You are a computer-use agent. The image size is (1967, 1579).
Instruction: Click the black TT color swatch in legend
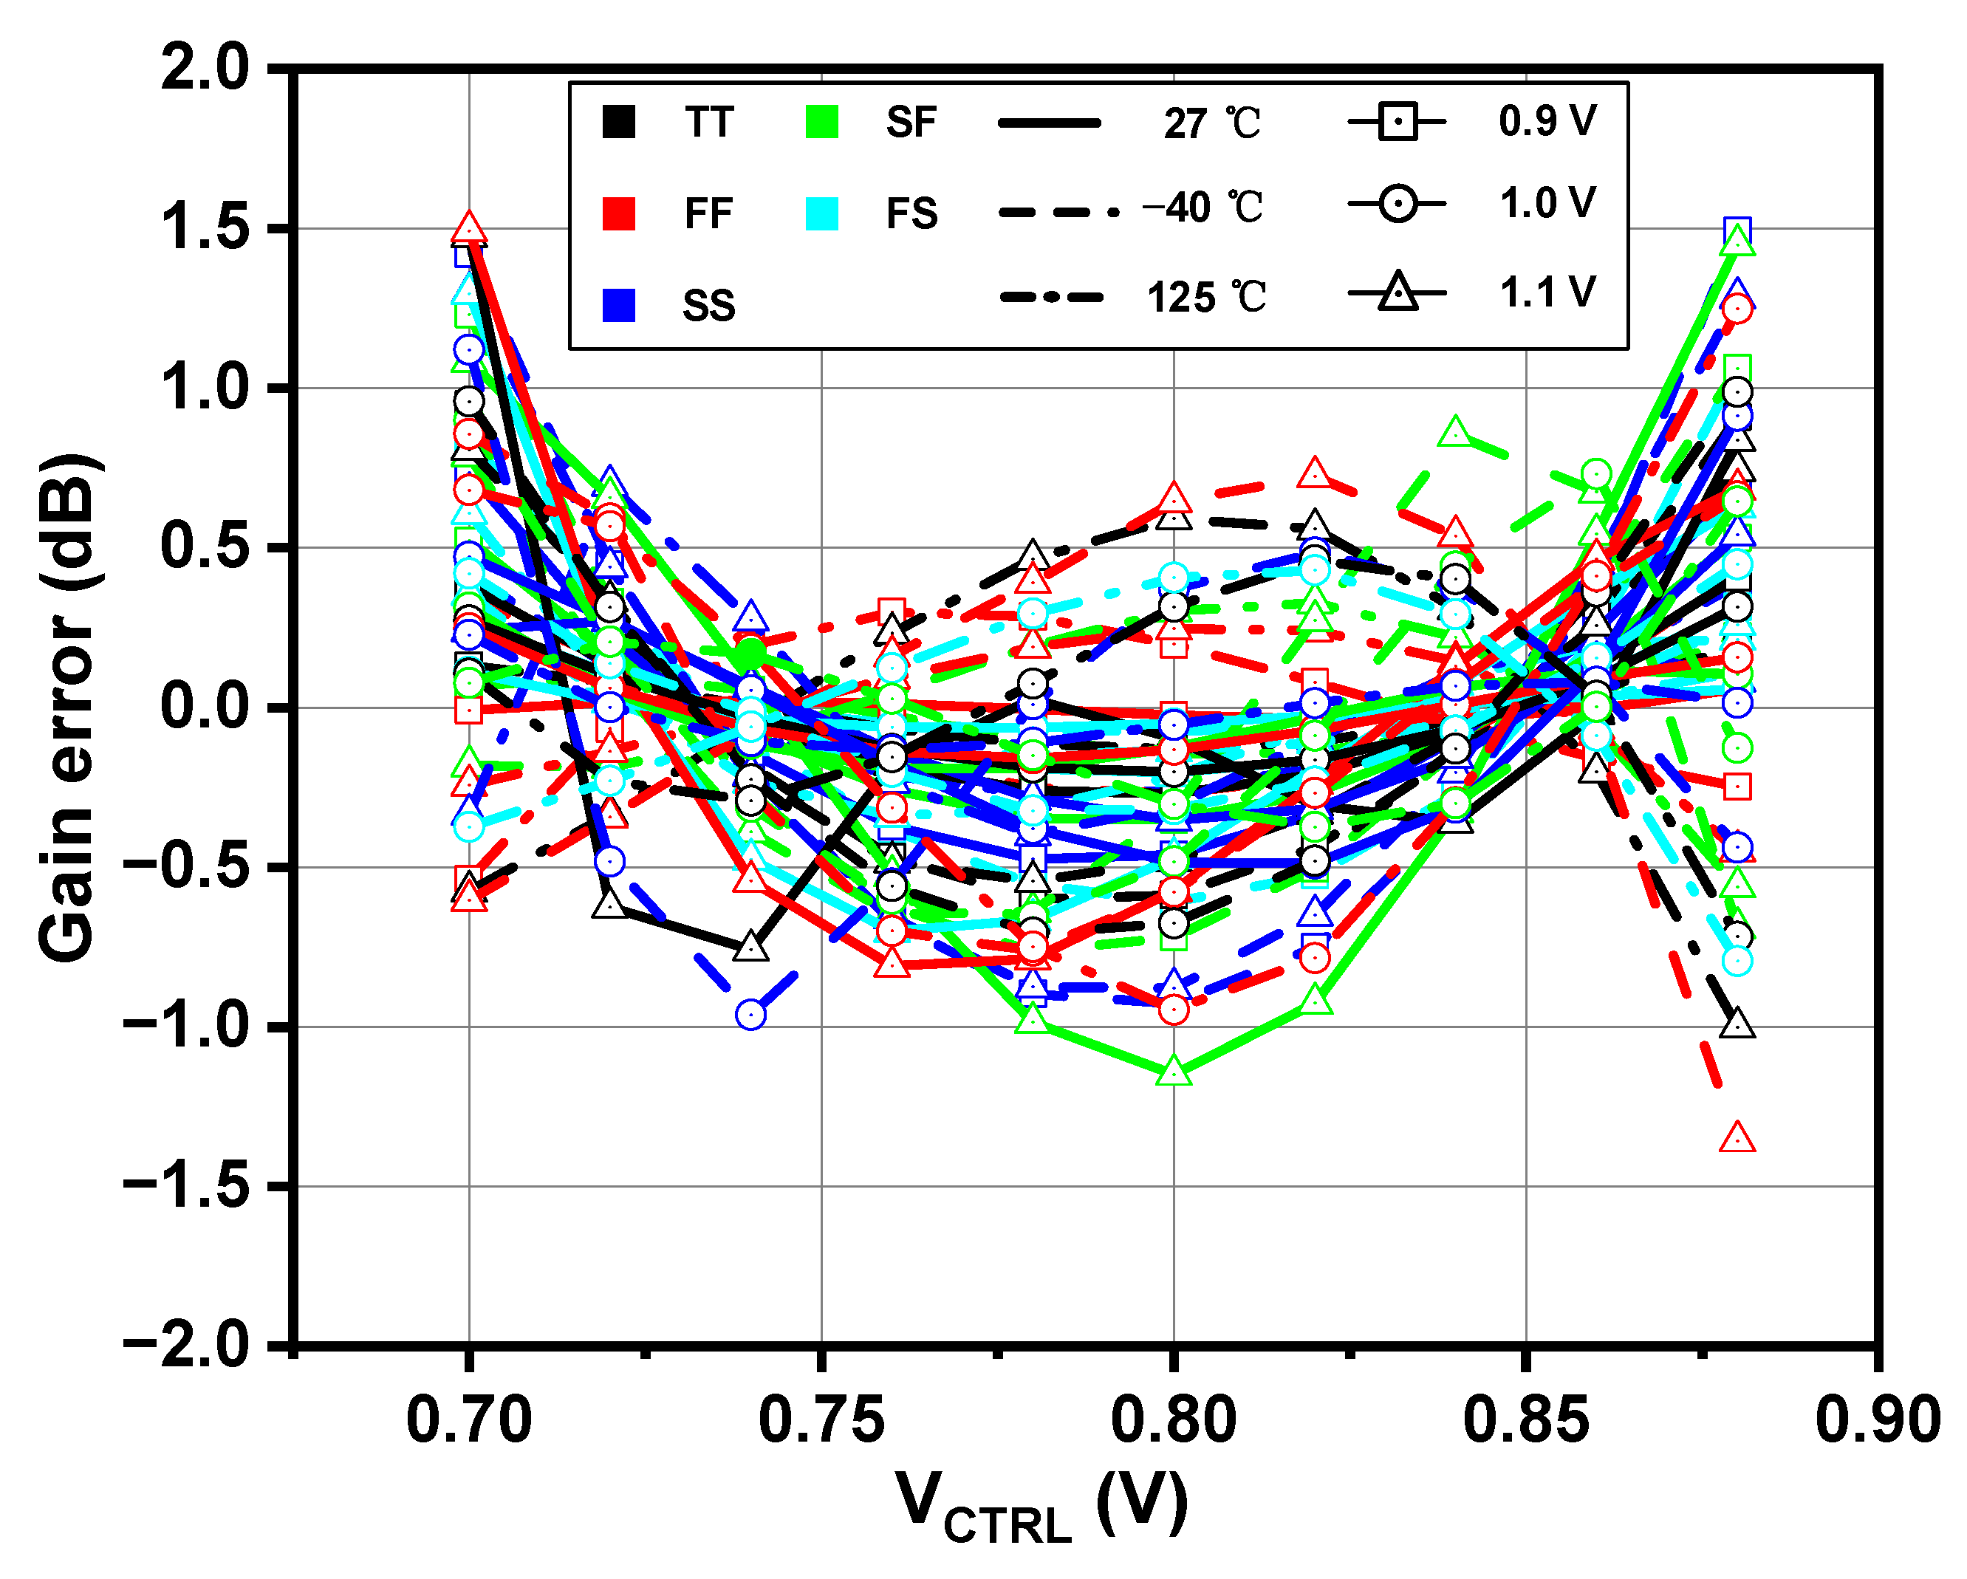(x=618, y=121)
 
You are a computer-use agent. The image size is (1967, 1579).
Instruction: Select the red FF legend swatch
(x=618, y=213)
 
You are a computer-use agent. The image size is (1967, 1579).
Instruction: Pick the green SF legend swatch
(x=822, y=121)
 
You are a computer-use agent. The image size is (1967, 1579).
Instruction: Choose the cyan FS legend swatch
(x=822, y=213)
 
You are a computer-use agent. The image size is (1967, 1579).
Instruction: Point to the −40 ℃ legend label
(x=1203, y=209)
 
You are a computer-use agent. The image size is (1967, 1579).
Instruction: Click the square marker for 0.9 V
(x=1397, y=120)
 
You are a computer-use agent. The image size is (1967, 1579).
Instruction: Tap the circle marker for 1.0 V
(x=1397, y=202)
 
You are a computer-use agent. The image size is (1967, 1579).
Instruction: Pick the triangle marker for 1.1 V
(x=1397, y=294)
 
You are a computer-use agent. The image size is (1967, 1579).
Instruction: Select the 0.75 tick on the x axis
(x=821, y=1420)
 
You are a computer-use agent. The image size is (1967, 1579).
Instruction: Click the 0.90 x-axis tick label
(x=1878, y=1420)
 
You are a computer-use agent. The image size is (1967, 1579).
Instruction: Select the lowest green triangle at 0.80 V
(x=1174, y=1072)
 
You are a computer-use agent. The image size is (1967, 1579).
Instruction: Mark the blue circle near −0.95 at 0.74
(x=750, y=1014)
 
